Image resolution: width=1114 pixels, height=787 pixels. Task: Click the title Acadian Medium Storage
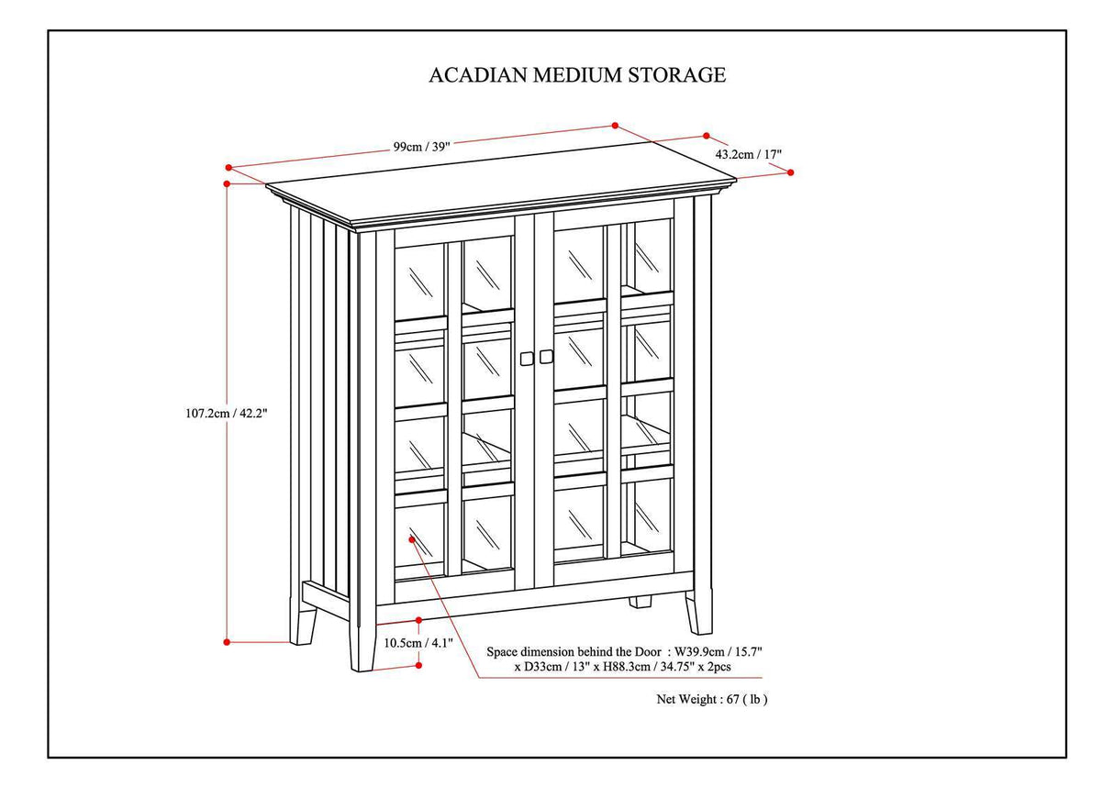(x=577, y=75)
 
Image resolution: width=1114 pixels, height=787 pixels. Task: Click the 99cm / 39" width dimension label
(x=422, y=146)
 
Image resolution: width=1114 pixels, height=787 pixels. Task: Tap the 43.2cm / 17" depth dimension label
(x=748, y=155)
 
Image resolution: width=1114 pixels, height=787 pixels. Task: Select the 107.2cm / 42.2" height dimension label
(x=226, y=413)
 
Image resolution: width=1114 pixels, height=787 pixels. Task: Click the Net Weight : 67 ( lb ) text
(x=711, y=699)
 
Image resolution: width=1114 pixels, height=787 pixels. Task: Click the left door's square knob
(x=527, y=357)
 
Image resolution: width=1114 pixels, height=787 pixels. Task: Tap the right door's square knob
(x=547, y=355)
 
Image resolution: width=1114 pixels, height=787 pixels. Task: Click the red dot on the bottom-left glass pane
(x=413, y=540)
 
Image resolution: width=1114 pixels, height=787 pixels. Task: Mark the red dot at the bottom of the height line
(x=227, y=642)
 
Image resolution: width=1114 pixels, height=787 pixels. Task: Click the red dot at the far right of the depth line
(x=791, y=172)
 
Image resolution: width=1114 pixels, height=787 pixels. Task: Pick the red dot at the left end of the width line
(x=228, y=167)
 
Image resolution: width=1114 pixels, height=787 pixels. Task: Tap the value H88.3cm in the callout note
(x=623, y=667)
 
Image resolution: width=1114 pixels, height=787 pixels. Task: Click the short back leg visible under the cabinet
(x=641, y=603)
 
